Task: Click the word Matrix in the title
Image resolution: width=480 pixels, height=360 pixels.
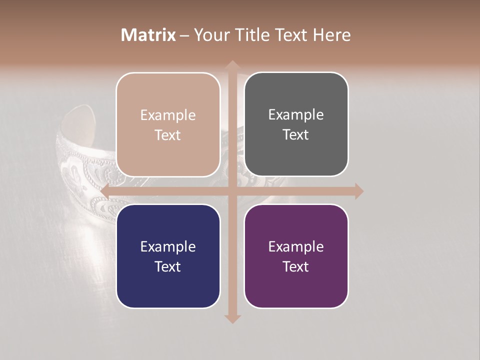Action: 148,35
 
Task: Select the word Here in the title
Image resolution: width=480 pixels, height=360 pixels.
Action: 331,35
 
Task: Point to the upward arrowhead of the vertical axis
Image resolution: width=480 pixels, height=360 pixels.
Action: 232,65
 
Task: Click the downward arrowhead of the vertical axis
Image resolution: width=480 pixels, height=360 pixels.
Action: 232,319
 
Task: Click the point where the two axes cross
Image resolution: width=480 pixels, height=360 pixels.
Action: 232,191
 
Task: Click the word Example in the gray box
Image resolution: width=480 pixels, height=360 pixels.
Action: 296,115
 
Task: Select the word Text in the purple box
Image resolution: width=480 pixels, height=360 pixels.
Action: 296,266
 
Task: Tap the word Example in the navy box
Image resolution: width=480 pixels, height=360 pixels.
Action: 168,246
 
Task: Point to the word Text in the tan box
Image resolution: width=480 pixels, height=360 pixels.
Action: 168,135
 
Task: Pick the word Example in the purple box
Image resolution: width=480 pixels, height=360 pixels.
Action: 296,246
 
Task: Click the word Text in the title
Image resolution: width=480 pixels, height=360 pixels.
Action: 291,35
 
